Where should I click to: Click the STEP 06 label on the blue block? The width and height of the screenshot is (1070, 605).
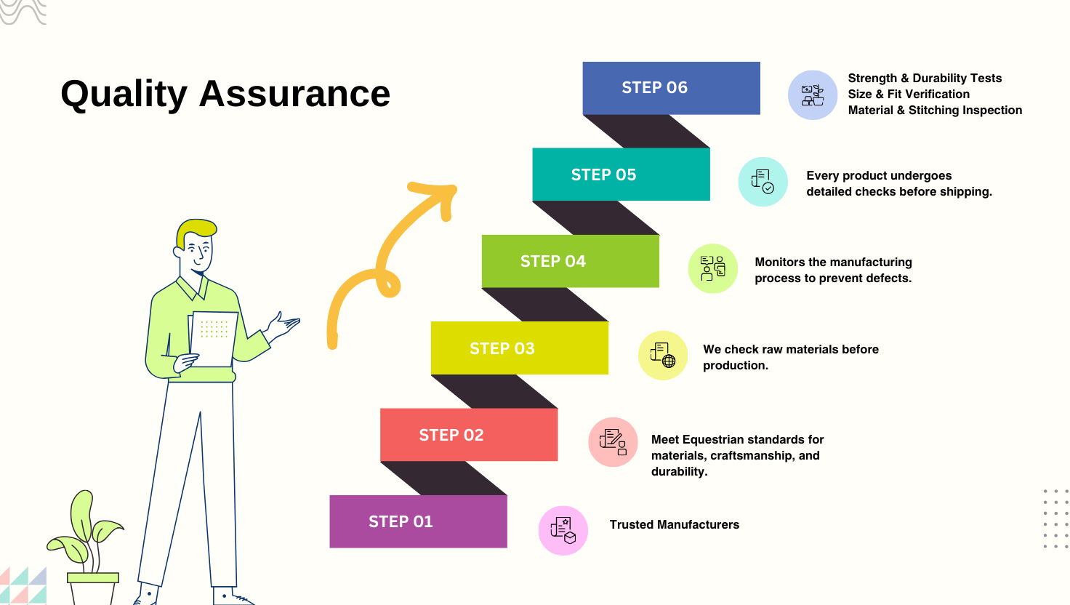click(654, 87)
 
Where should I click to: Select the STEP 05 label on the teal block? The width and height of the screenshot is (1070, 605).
click(604, 175)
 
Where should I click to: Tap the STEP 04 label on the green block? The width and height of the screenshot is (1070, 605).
click(553, 261)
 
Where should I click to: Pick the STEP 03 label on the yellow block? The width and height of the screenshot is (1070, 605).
click(502, 348)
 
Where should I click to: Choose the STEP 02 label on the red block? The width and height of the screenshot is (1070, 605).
click(451, 435)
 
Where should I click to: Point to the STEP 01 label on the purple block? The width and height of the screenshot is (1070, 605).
click(401, 521)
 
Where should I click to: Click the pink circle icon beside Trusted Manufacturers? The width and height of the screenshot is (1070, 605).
click(563, 530)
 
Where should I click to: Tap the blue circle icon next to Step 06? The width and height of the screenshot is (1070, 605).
click(813, 95)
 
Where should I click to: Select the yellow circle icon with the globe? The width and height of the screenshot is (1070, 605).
click(663, 356)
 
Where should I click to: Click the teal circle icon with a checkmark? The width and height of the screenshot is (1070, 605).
click(763, 182)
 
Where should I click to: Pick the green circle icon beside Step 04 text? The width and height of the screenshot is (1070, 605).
click(712, 268)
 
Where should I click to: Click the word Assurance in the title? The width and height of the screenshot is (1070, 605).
click(294, 93)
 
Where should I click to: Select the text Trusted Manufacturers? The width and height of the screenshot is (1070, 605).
click(675, 524)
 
